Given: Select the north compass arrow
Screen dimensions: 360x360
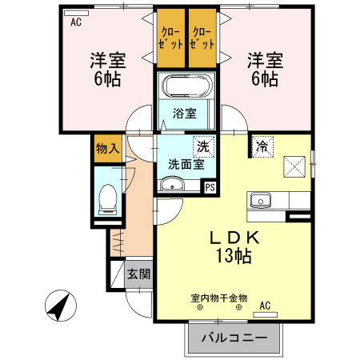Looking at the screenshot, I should [x=58, y=306].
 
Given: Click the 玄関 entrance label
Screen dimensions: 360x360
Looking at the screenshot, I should [x=138, y=274].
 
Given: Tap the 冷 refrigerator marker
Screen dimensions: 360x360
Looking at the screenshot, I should [x=262, y=146].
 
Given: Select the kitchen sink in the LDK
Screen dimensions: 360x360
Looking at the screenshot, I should [x=261, y=201].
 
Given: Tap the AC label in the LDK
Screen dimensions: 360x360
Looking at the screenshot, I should [x=265, y=305].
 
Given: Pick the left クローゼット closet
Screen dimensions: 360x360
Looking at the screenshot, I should [x=170, y=38].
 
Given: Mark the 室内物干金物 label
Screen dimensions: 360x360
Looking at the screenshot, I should [x=218, y=298].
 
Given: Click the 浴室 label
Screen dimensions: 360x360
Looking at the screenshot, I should [x=185, y=113].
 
